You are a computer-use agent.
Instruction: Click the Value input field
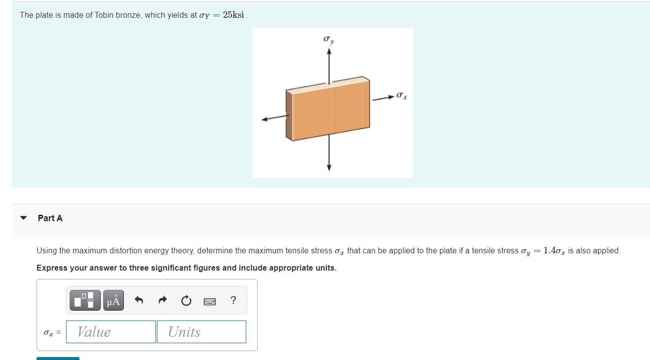111,332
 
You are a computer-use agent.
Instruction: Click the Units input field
201,332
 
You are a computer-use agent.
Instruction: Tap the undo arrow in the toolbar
139,300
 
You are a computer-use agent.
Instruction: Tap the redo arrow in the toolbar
163,300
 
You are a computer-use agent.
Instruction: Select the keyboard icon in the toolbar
210,301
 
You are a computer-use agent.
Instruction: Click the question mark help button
233,300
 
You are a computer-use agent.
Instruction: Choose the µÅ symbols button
113,300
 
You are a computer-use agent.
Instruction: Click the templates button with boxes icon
85,300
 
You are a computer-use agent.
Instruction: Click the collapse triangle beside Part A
23,218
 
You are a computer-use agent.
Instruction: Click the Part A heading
50,218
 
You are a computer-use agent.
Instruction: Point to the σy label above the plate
329,39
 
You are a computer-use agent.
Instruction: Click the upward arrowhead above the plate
329,52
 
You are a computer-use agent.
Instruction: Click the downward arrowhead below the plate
329,167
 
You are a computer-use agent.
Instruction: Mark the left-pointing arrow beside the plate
274,118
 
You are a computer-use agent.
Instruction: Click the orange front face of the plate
331,111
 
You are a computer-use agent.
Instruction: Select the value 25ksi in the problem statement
233,15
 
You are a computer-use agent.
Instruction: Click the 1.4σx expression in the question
554,250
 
